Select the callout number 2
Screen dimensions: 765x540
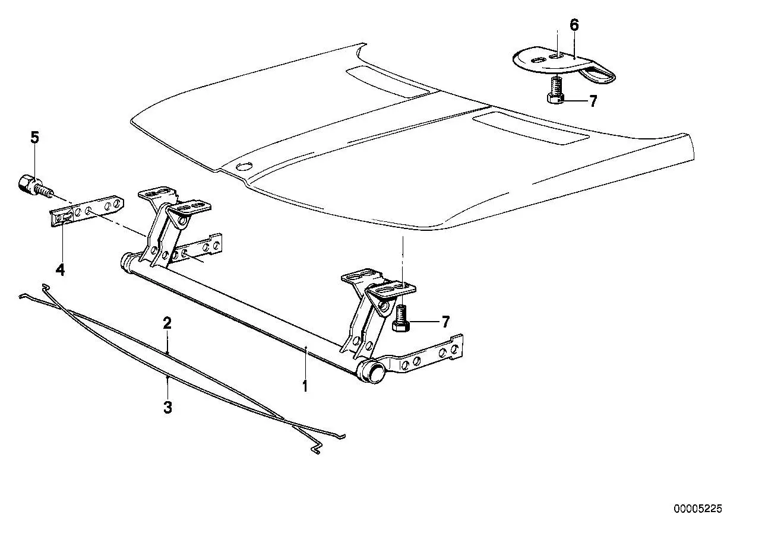(167, 323)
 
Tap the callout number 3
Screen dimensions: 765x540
(167, 407)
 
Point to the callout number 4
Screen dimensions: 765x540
(60, 270)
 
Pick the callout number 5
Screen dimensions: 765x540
(35, 137)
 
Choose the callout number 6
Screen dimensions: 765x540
(574, 25)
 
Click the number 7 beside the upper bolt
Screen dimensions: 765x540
(593, 101)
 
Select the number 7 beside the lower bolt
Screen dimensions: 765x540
(445, 322)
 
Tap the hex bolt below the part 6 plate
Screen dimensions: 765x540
(556, 90)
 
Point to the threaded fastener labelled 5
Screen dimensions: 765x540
(34, 186)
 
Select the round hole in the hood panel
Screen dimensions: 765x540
(244, 167)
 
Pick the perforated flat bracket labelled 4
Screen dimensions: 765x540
(87, 212)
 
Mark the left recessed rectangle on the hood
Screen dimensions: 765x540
(387, 81)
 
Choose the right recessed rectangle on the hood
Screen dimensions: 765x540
(530, 128)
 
